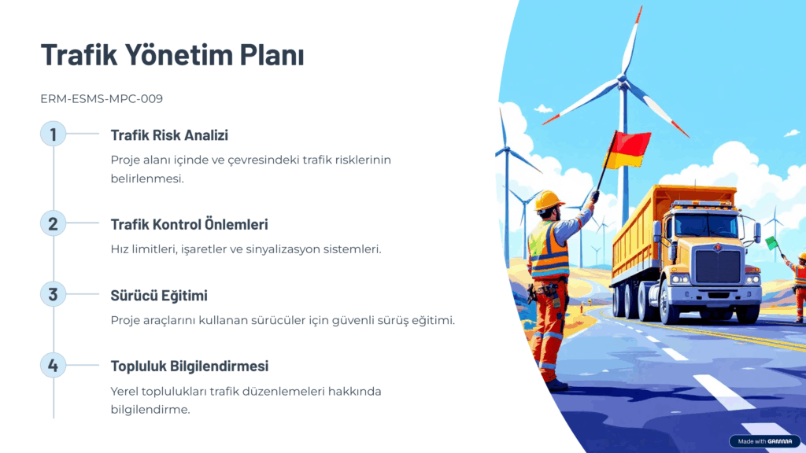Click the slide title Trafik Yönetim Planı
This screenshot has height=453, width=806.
coord(172,54)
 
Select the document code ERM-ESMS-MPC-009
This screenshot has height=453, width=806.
coord(102,98)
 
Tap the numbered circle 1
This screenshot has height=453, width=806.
coord(53,134)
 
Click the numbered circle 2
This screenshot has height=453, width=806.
coord(53,223)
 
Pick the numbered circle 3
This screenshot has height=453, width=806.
coord(53,294)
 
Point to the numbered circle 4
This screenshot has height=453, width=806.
coord(53,365)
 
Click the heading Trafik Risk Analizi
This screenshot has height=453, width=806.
coord(169,135)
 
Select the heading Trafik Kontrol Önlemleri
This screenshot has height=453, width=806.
coord(189,224)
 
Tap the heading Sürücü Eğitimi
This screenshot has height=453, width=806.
coord(159,296)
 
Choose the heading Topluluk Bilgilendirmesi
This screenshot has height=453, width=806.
coord(189,366)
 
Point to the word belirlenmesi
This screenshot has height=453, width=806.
coord(146,179)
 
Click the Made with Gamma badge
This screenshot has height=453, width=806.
coord(765,441)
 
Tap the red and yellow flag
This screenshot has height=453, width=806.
coord(629,149)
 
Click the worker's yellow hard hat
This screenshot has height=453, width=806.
coord(548,201)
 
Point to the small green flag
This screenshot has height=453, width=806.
coord(771,242)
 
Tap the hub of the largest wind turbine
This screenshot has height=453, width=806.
coord(622,79)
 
